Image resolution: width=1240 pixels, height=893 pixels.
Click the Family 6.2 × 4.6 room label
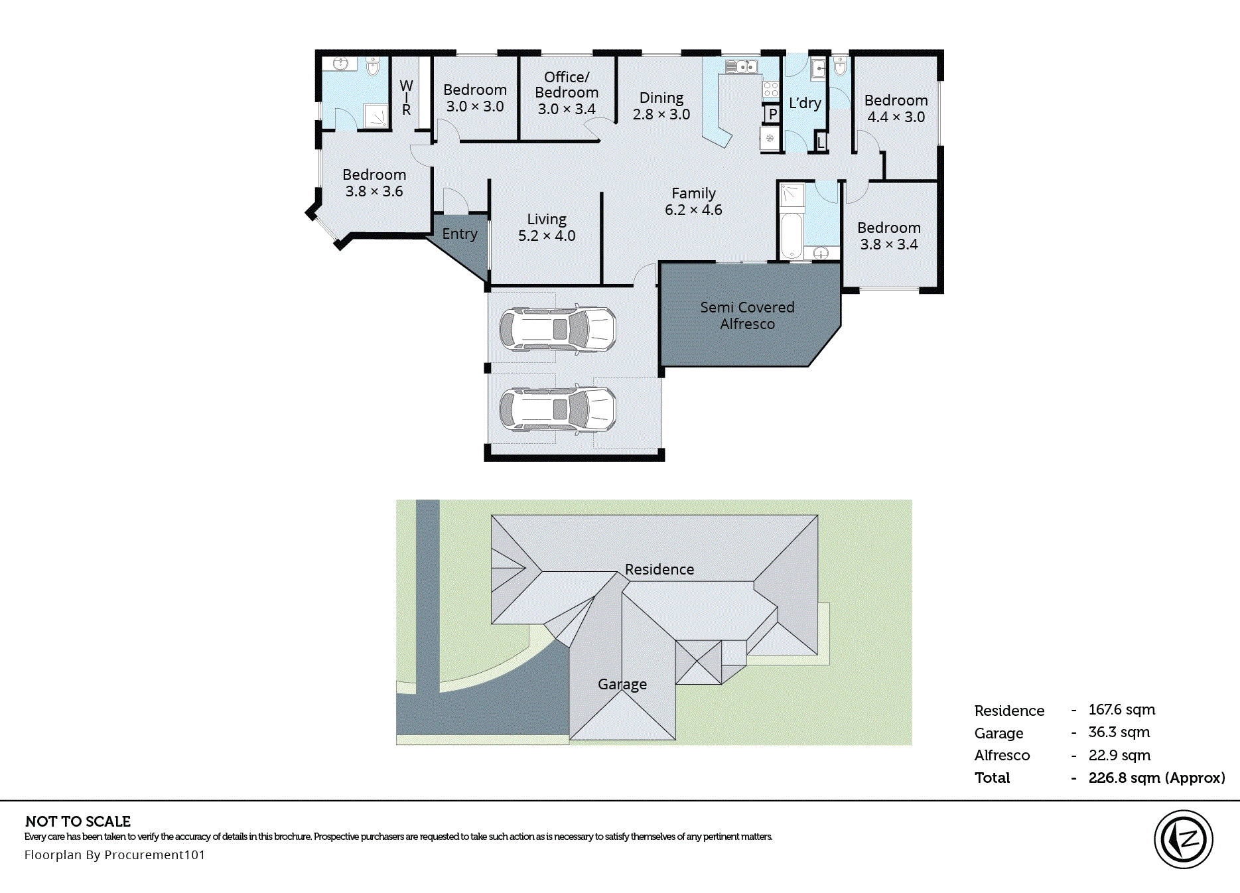coord(693,202)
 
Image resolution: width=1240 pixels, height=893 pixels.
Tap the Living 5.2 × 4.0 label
coord(547,228)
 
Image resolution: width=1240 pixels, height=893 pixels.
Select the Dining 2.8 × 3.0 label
coord(661,106)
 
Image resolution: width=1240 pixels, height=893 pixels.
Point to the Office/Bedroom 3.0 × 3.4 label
coord(567,93)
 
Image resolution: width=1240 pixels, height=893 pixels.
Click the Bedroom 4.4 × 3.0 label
coord(896,109)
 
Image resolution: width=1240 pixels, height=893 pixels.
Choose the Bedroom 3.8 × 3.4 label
coord(888,236)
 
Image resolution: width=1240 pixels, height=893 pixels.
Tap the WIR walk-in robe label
coord(406,98)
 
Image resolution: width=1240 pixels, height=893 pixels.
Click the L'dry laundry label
coord(805,103)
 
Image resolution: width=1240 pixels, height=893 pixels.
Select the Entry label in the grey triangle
coord(460,234)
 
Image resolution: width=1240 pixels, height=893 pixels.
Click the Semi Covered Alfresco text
coord(747,316)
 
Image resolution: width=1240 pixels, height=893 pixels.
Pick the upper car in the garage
coord(557,329)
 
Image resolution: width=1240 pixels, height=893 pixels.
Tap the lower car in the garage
coord(557,409)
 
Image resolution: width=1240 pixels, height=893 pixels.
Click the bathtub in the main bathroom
coord(791,235)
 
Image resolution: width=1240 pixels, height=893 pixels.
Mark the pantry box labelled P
coord(772,114)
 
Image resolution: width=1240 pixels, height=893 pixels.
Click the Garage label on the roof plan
coord(622,684)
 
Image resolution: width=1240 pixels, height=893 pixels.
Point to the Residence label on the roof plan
coord(659,569)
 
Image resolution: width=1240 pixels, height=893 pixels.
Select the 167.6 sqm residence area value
coord(1121,710)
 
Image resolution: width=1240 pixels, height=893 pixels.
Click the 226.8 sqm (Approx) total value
coord(1156,778)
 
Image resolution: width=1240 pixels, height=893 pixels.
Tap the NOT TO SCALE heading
coord(78,821)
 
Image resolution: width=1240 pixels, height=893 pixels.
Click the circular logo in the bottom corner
coord(1183,839)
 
